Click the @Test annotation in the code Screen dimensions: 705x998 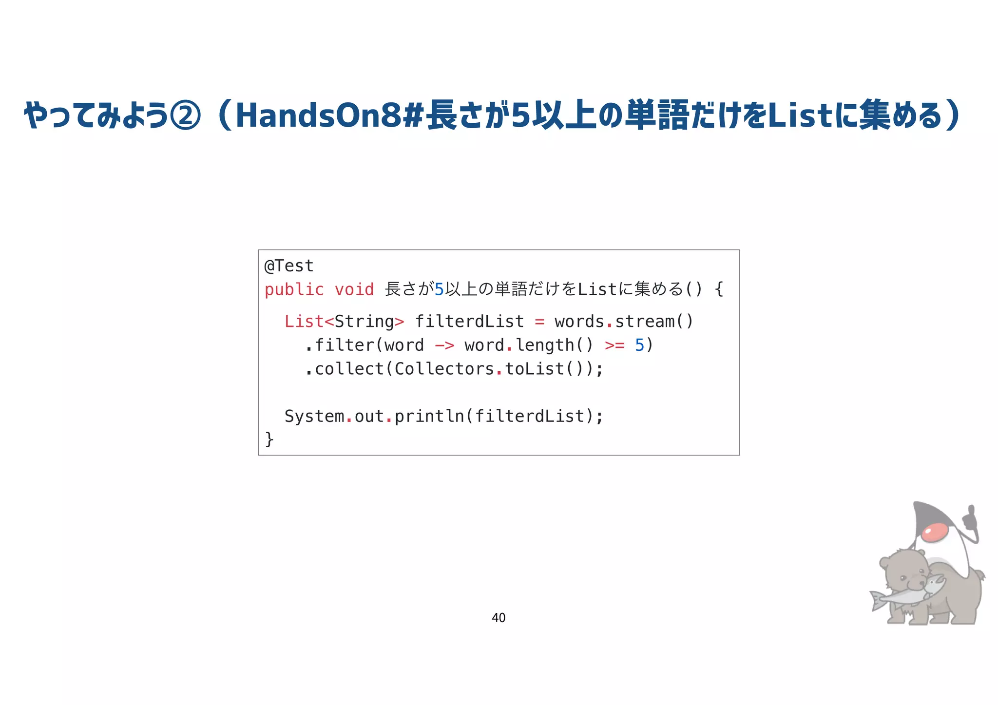coord(289,266)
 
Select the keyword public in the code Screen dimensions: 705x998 coord(294,290)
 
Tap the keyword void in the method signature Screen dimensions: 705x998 coord(354,290)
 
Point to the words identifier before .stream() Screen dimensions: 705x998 coord(579,322)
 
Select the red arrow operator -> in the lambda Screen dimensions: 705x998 coord(444,345)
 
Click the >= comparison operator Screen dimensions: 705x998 coord(614,345)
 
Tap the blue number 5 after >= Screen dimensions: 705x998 coord(639,345)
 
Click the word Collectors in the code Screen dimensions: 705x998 coord(444,369)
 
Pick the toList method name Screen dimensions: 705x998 coord(534,369)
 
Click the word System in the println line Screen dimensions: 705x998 coord(314,417)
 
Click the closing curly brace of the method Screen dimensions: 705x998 coord(269,439)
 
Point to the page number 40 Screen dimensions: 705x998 coord(499,618)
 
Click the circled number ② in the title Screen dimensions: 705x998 coord(185,116)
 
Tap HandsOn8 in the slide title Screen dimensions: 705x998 coord(319,116)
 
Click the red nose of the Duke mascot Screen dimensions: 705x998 coord(935,532)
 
